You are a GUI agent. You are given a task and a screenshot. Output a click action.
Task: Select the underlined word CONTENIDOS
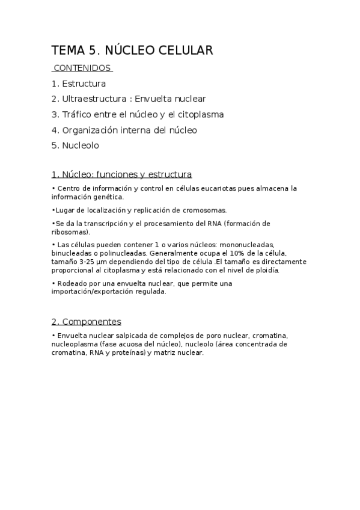click(82, 68)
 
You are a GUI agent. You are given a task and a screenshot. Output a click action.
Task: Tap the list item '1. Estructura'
click(79, 84)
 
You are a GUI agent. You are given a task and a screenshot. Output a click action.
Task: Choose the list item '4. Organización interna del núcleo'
click(124, 129)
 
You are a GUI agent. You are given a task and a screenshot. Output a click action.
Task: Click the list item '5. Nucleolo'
click(75, 145)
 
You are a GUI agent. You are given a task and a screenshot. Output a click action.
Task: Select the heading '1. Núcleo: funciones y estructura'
click(122, 174)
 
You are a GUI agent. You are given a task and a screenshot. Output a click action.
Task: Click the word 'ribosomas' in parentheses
click(70, 232)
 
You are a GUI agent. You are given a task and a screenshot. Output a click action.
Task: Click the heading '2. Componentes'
click(87, 322)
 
